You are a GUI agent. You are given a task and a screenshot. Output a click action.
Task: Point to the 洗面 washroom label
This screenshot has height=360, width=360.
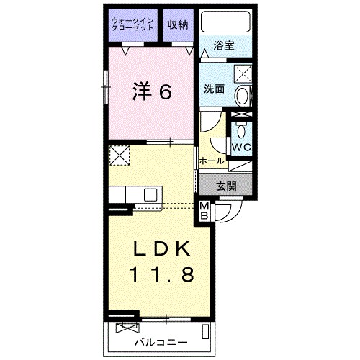click(x=215, y=90)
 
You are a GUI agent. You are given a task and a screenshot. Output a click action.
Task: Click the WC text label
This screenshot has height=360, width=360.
click(x=241, y=148)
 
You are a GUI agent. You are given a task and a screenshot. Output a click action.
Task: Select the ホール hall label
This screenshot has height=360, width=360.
click(x=210, y=161)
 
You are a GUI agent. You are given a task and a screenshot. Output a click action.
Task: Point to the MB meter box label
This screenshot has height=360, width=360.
click(x=204, y=210)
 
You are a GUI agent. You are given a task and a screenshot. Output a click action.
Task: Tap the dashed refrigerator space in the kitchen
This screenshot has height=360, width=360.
click(x=118, y=155)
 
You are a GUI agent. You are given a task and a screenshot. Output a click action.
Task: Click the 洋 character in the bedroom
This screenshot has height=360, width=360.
click(x=142, y=91)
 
